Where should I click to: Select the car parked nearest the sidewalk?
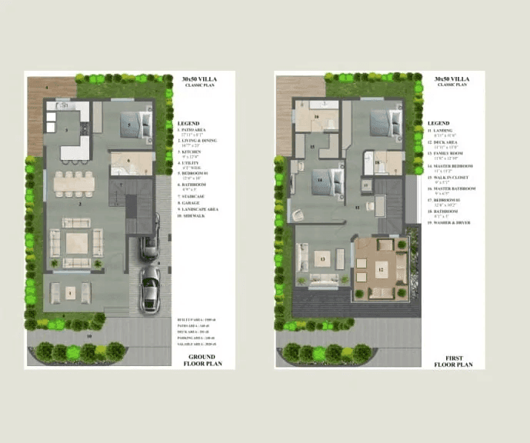point(149,288)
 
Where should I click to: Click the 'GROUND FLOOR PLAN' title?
point(203,361)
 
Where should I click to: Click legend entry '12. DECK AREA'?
point(446,143)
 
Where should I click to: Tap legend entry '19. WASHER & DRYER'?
point(451,223)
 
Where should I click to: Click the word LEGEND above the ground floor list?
point(188,123)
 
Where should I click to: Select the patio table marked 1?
point(70,293)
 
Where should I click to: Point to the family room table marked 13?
point(322,259)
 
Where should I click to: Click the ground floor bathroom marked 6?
point(130,162)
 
